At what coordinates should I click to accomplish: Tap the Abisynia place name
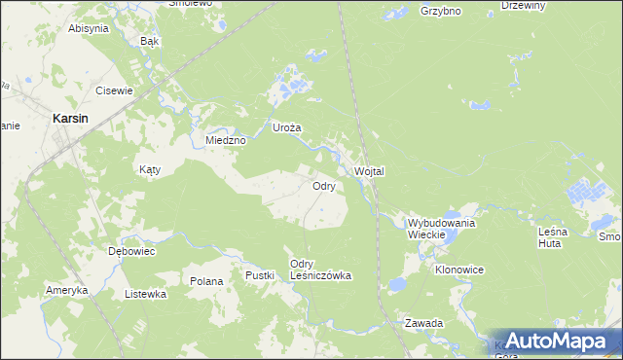coord(88,28)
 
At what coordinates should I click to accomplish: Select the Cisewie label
coord(113,90)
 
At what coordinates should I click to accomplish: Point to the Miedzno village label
coord(226,140)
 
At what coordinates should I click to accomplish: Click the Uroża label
coord(286,127)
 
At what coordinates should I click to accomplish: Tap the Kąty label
coord(149,169)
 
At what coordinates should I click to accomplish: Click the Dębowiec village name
coord(131,250)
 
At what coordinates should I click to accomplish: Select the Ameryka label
coord(67,290)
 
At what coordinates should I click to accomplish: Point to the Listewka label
coord(145,293)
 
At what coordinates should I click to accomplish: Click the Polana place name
coord(206,281)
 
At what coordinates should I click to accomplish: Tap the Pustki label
coord(260,276)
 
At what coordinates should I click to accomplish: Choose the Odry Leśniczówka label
coord(320,270)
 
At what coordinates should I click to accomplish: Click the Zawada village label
coord(424,322)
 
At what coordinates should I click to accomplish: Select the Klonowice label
coord(459,269)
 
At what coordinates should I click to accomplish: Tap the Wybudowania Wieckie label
coord(441,229)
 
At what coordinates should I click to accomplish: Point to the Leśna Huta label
coord(558,237)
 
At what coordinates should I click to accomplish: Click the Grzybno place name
coord(440,12)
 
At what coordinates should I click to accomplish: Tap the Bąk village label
coord(149,42)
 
